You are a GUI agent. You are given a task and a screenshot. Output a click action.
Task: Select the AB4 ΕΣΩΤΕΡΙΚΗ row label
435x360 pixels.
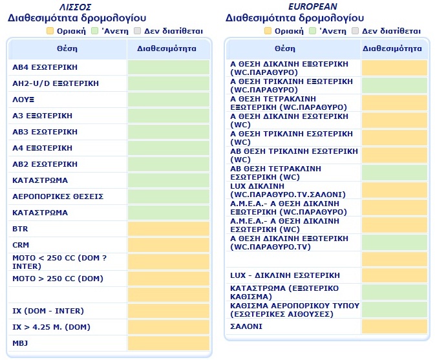click(45, 67)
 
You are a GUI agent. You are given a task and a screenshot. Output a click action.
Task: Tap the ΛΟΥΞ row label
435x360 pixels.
click(23, 100)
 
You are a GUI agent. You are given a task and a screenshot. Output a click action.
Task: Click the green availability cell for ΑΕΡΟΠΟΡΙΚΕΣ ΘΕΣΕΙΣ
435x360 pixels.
click(169, 196)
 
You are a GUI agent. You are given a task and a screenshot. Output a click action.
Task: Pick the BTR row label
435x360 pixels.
click(20, 229)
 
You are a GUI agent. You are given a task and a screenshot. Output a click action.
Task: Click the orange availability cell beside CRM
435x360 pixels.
click(169, 245)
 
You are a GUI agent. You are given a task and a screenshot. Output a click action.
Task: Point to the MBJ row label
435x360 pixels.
click(20, 343)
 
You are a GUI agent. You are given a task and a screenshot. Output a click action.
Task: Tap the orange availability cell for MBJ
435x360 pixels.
click(169, 343)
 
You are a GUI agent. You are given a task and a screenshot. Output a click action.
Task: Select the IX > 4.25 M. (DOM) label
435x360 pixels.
click(52, 326)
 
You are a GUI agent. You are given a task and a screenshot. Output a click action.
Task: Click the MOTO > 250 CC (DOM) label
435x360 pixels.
click(57, 279)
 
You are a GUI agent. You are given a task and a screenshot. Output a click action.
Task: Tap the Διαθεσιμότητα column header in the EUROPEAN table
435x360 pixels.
click(394, 48)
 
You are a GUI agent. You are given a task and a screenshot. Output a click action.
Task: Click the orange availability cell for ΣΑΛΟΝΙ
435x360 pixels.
click(394, 326)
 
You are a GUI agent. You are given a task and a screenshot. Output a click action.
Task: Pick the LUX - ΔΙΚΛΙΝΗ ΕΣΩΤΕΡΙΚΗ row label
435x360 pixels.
click(285, 275)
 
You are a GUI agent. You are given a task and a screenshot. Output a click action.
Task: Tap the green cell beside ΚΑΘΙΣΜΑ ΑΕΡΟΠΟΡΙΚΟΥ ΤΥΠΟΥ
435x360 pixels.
click(394, 310)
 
